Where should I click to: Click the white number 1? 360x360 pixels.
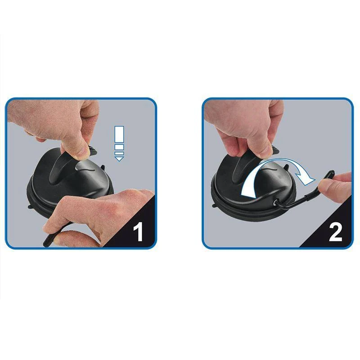tap(138, 231)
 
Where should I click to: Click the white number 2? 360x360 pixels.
tap(335, 232)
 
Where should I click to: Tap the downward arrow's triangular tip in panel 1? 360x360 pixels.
tap(119, 159)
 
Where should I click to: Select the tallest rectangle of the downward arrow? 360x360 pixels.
tap(119, 134)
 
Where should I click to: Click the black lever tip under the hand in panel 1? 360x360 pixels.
tap(47, 242)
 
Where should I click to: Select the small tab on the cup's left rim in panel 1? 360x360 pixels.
tap(30, 207)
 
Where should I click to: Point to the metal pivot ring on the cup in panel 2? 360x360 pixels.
tap(275, 202)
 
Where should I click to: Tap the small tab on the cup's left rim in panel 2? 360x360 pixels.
tap(214, 205)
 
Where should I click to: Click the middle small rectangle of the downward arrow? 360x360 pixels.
tap(119, 147)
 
